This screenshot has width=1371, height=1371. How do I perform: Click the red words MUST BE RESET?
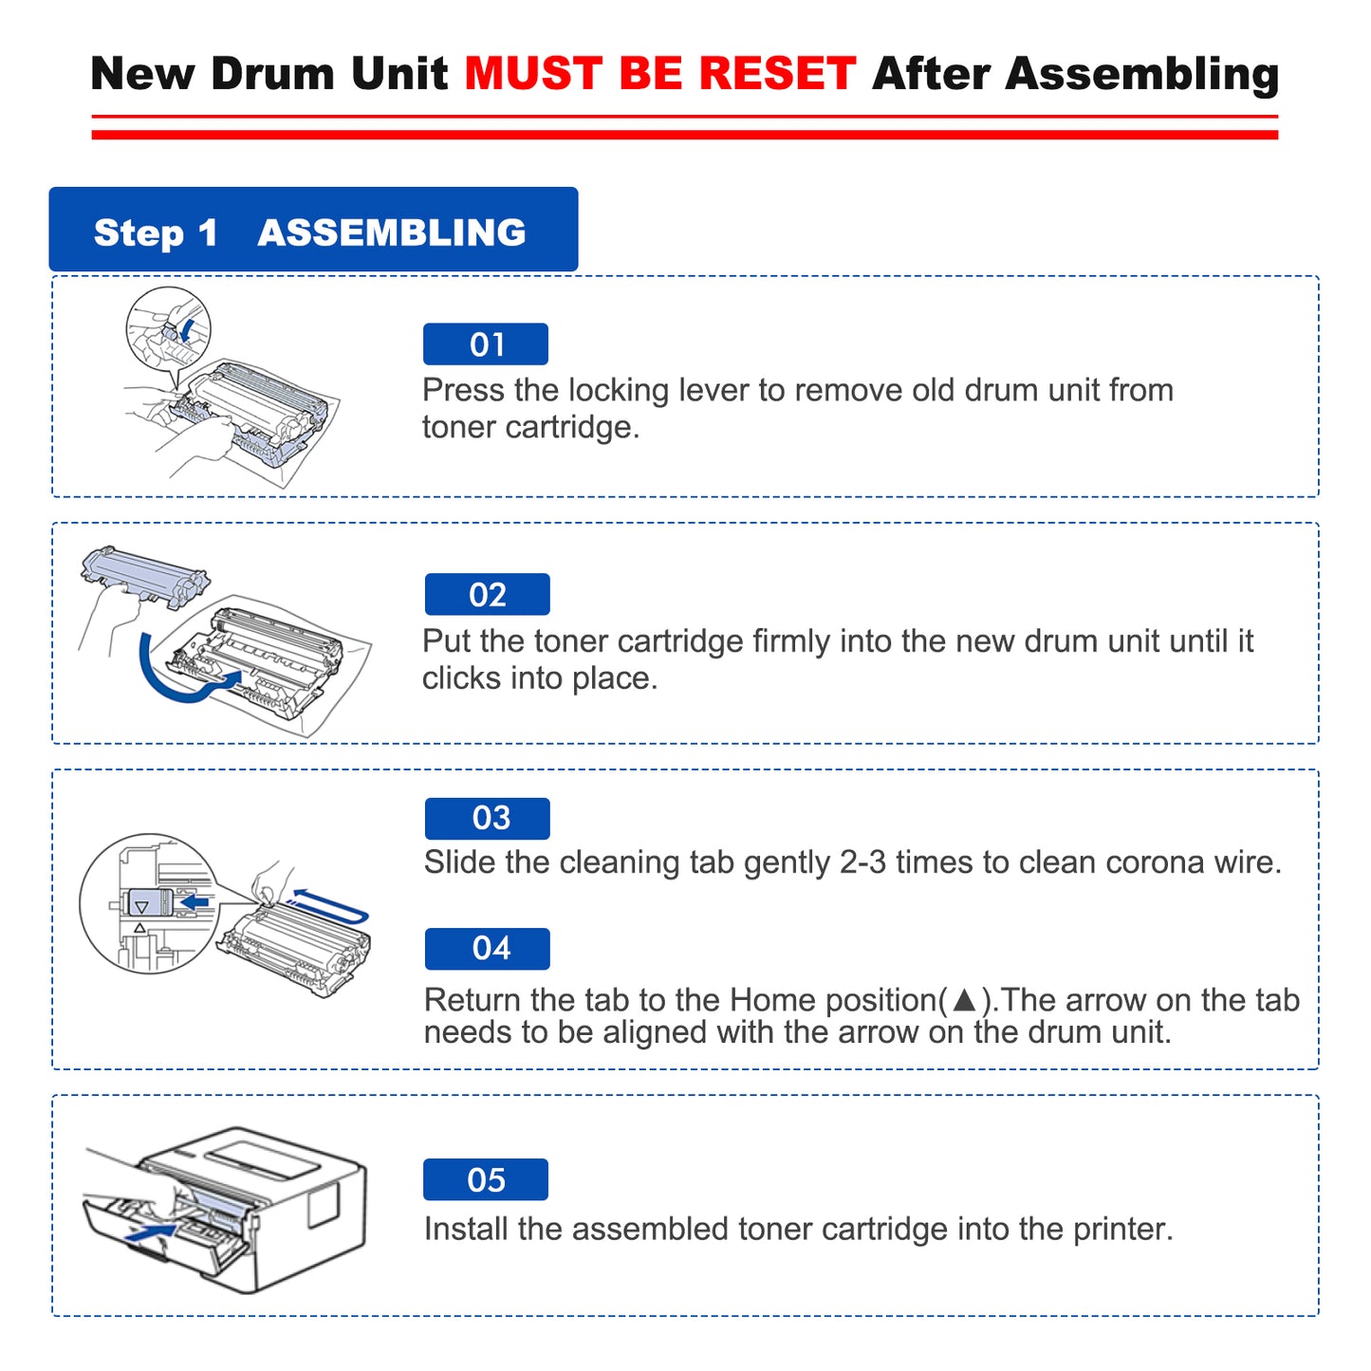(x=659, y=74)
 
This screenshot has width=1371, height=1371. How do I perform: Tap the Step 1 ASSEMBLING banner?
(x=313, y=231)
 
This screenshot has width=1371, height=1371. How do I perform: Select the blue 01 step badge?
(x=486, y=344)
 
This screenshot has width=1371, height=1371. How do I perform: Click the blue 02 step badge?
(x=487, y=595)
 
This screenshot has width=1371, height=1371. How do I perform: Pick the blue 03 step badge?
(x=487, y=818)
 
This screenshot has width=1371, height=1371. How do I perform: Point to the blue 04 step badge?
(x=487, y=949)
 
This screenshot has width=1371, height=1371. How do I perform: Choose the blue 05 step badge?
(x=486, y=1179)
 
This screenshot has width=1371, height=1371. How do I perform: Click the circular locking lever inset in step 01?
(x=169, y=329)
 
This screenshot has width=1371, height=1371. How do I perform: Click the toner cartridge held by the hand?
(x=145, y=575)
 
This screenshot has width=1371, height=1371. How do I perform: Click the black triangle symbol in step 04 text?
(x=964, y=1000)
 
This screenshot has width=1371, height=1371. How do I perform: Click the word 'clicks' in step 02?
(x=461, y=678)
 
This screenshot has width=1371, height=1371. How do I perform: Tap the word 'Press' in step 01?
(x=463, y=390)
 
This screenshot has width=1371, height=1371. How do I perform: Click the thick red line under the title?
(x=684, y=135)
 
